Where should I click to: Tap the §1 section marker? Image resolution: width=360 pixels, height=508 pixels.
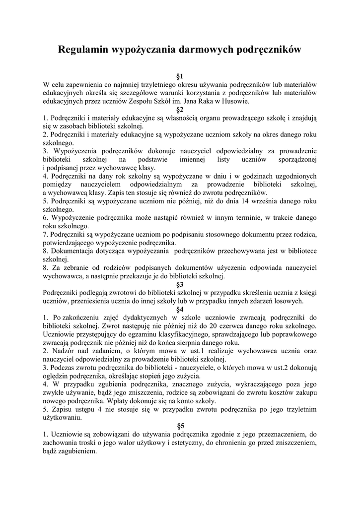pos(180,76)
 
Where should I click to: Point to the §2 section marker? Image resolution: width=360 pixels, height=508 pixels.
pos(180,110)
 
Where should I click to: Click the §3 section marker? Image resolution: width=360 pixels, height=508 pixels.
pos(180,284)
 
